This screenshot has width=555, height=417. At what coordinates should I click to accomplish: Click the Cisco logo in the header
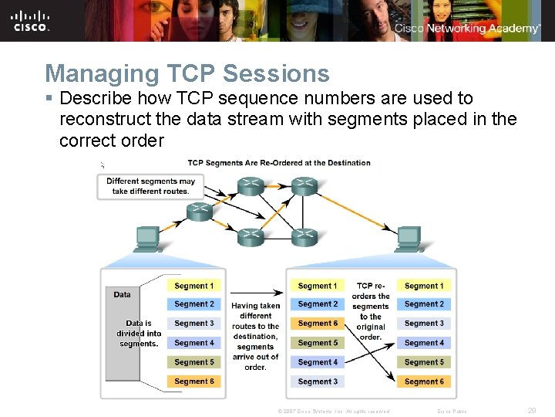pos(31,21)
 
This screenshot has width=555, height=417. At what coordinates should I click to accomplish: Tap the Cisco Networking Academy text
pos(467,29)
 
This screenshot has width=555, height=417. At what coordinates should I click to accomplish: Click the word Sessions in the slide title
pos(275,73)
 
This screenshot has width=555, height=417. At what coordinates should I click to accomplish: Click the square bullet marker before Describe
pos(49,99)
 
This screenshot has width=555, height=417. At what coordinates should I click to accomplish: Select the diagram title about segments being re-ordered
pos(279,163)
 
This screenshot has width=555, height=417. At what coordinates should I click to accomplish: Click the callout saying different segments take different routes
pos(150,186)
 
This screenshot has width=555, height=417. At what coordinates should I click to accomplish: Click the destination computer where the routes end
pos(408,239)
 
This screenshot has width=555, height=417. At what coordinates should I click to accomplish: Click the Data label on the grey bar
pos(122,294)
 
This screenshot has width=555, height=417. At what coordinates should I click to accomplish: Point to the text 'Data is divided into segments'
pos(139,334)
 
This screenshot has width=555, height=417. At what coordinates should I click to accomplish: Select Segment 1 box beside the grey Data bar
pos(193,286)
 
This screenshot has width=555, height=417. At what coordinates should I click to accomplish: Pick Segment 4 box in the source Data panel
pos(193,343)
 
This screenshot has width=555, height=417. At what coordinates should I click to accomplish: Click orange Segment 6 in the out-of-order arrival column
pos(318,324)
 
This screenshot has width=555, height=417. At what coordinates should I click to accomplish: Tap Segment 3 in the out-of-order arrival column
pos(318,381)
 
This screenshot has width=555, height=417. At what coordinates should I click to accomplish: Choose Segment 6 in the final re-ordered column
pos(424,381)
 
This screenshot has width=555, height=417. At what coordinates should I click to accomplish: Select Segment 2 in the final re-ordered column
pos(424,304)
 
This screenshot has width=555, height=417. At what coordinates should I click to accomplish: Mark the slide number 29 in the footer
pos(532,411)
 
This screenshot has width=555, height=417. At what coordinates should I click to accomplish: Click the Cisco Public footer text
pos(452,412)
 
